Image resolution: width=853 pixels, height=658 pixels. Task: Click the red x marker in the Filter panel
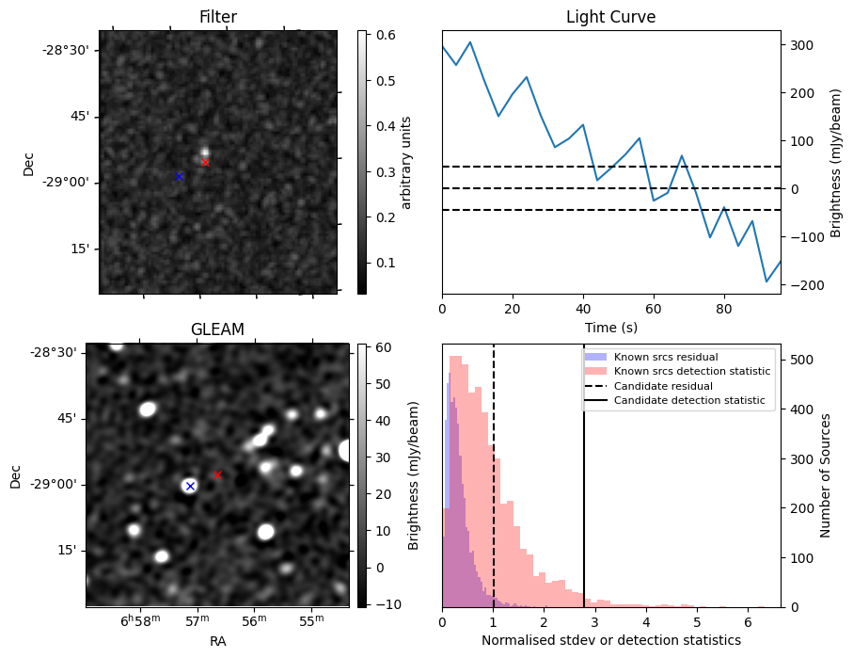[x=205, y=162]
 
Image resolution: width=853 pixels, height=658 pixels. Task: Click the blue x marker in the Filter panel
[x=179, y=176]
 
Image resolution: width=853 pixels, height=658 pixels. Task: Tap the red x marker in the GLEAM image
[x=217, y=474]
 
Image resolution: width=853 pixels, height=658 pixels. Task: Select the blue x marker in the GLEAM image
[x=190, y=486]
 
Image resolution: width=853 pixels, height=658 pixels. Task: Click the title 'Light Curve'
[x=610, y=18]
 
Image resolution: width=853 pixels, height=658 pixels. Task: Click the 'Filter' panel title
[x=218, y=18]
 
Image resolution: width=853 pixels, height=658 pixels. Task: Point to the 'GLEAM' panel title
[x=217, y=329]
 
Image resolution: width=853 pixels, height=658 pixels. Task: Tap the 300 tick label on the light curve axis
[x=802, y=45]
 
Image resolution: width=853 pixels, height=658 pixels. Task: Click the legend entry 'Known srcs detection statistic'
[x=691, y=372]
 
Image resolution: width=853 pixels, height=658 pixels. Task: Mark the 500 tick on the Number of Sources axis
[x=802, y=360]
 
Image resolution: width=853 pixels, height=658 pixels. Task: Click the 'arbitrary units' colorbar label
[x=406, y=162]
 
